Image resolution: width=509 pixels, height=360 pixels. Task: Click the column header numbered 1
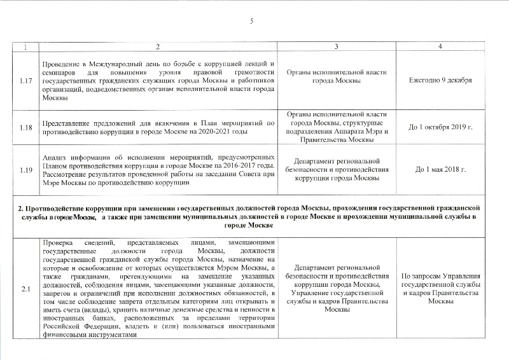click(26, 48)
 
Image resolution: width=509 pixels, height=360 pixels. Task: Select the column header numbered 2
click(158, 48)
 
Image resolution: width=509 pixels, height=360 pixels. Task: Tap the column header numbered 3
click(337, 48)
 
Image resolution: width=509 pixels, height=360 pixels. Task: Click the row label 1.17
click(26, 81)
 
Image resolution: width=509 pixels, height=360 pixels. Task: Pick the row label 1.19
click(26, 170)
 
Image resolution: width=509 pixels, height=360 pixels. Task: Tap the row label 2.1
click(26, 290)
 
